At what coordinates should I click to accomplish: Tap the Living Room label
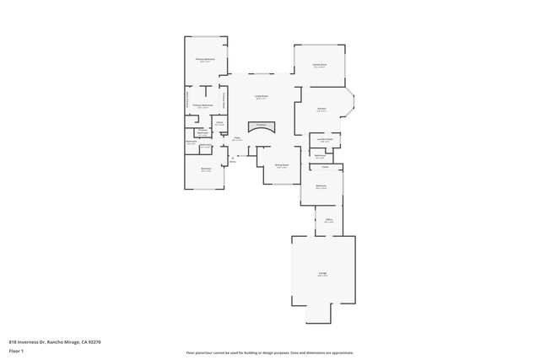(262, 97)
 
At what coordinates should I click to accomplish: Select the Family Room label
(320, 64)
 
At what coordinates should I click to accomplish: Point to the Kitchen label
(321, 109)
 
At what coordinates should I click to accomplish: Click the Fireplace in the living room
(261, 126)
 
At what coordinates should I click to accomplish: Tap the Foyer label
(238, 138)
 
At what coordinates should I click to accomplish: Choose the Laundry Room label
(321, 140)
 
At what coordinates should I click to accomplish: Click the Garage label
(322, 274)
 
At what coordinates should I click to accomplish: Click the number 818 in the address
(13, 341)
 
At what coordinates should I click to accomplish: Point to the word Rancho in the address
(55, 341)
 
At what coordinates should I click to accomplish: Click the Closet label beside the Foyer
(219, 123)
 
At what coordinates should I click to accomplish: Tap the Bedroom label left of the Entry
(206, 169)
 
